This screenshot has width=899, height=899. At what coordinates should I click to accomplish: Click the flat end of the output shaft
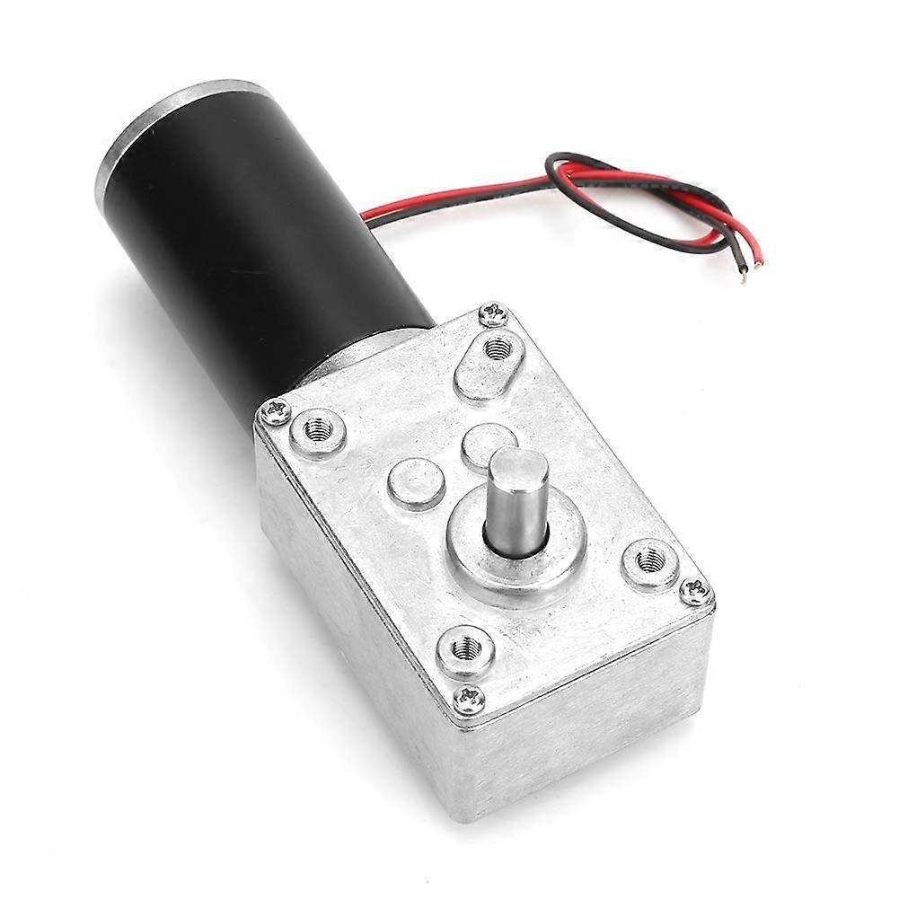[x=518, y=468]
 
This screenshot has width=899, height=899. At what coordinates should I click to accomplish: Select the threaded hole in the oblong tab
[x=498, y=348]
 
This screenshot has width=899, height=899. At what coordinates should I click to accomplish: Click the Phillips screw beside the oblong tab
[x=493, y=314]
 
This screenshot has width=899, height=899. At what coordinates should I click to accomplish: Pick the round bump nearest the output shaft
[x=488, y=443]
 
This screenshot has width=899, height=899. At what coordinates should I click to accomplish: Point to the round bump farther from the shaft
[x=416, y=483]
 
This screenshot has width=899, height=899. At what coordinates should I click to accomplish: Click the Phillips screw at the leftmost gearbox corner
[x=275, y=412]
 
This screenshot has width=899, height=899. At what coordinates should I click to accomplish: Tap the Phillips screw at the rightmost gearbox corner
[x=694, y=591]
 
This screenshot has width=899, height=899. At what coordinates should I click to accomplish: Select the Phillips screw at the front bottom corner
[x=469, y=698]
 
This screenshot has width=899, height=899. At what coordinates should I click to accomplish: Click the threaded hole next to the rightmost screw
[x=649, y=562]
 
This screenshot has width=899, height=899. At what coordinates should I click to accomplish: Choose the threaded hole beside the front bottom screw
[x=465, y=647]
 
